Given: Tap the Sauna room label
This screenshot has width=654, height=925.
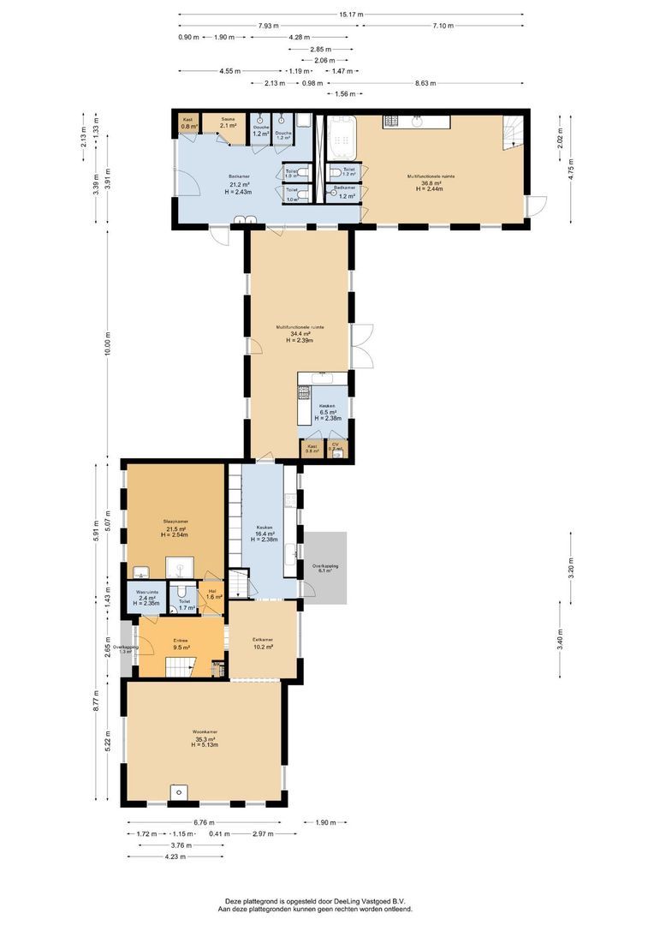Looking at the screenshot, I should tap(228, 122).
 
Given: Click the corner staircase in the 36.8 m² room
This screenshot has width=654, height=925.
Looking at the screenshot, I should tap(511, 132).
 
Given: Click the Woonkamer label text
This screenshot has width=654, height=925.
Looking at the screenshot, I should tap(205, 732).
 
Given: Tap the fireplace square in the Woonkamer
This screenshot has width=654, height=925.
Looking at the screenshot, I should tap(178, 791).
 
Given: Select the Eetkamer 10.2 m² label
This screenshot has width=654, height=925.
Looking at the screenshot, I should tap(263, 643).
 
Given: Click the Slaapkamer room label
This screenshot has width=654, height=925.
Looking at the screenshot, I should tap(175, 525).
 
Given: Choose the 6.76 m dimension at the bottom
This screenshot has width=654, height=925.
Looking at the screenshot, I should tap(204, 822).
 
